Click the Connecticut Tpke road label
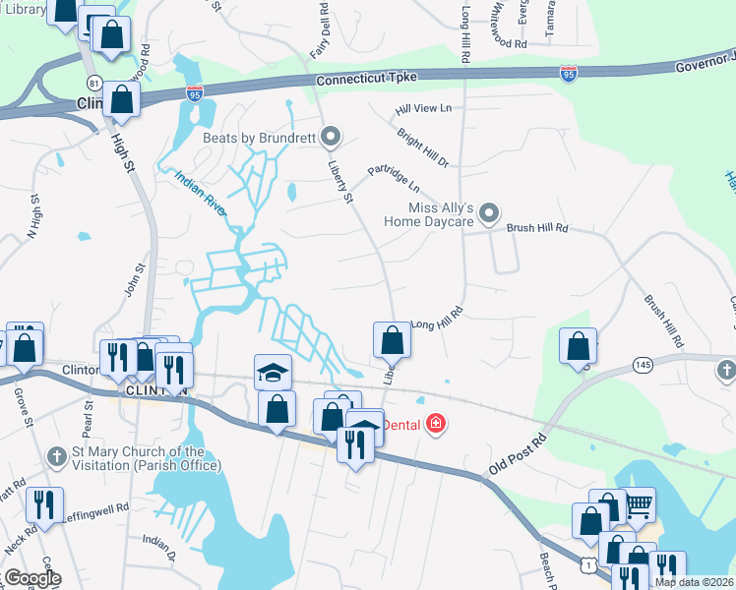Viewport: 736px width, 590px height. [380, 77]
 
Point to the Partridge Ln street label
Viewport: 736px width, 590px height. [394, 178]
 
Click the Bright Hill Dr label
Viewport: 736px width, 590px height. [423, 147]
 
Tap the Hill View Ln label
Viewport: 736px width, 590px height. [423, 107]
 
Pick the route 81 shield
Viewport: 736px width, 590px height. [93, 82]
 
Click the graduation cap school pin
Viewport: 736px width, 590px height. [273, 373]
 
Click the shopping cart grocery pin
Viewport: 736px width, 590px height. [640, 505]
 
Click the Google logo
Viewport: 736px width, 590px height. [32, 577]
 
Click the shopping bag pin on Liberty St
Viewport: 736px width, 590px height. [392, 340]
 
